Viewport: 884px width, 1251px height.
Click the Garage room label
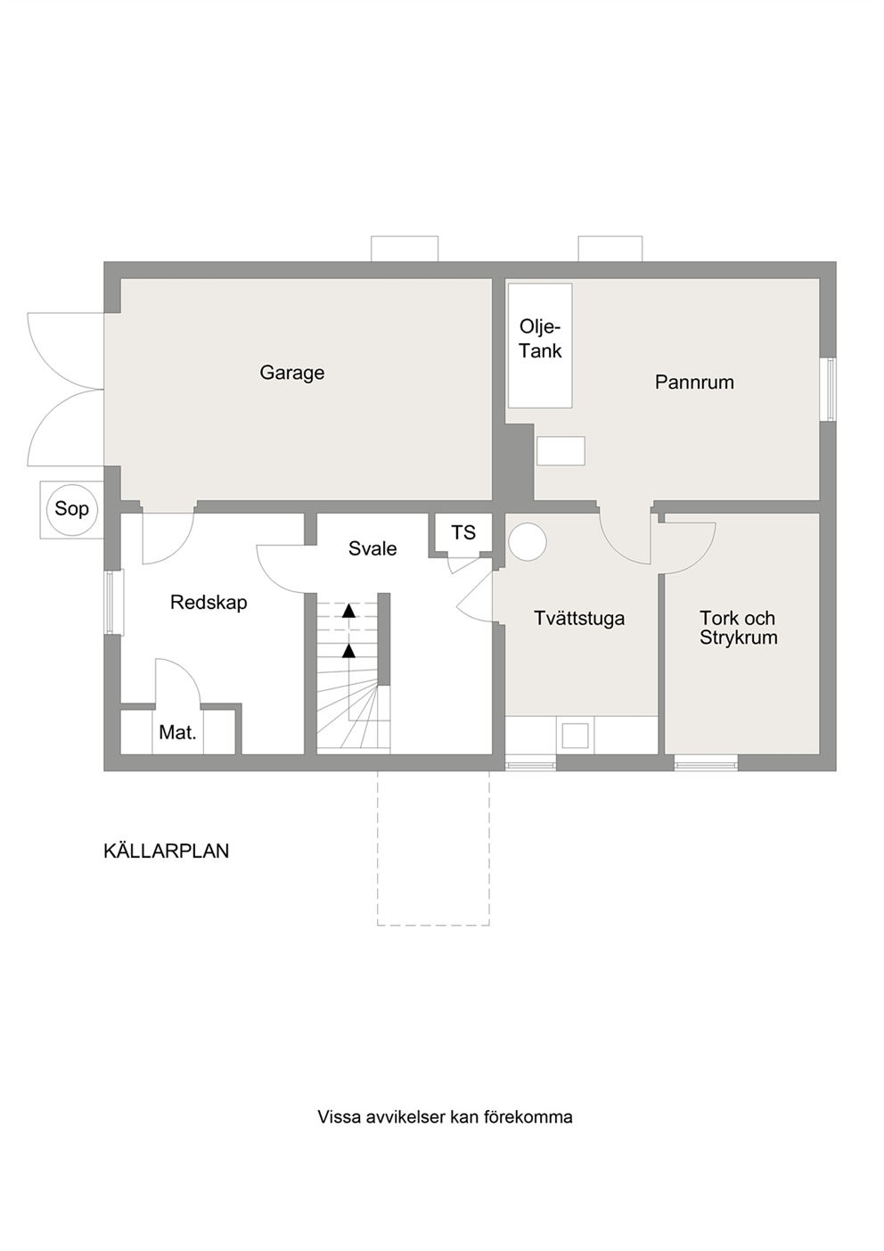pyautogui.click(x=292, y=373)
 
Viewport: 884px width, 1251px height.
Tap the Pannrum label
pyautogui.click(x=694, y=383)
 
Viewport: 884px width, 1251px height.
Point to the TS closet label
pyautogui.click(x=463, y=533)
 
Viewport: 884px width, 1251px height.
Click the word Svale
pyautogui.click(x=372, y=549)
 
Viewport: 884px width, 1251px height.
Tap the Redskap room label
pyautogui.click(x=209, y=603)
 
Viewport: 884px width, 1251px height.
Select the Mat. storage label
pyautogui.click(x=177, y=733)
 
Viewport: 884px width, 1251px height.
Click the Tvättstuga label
pyautogui.click(x=579, y=619)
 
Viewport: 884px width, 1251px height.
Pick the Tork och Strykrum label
pyautogui.click(x=739, y=629)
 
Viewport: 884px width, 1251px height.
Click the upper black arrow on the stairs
pyautogui.click(x=348, y=611)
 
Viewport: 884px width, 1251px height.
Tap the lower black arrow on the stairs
pyautogui.click(x=348, y=651)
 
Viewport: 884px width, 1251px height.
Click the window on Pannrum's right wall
pyautogui.click(x=831, y=390)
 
